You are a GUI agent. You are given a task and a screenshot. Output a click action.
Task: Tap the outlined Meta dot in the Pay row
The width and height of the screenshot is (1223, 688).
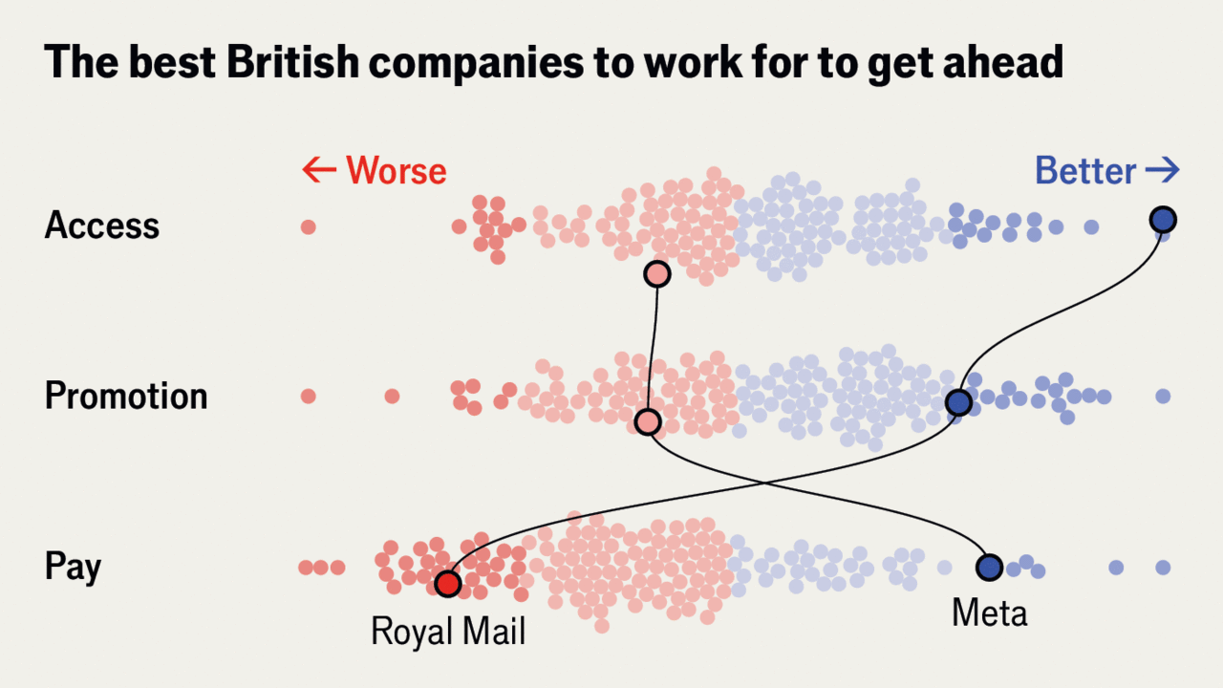click(x=989, y=567)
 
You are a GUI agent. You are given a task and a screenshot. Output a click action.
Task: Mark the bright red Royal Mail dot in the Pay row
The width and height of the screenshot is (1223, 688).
click(x=447, y=582)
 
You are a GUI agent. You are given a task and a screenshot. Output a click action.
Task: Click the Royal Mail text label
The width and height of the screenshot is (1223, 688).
click(x=448, y=632)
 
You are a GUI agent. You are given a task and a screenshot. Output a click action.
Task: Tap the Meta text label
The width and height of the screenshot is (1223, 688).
click(x=989, y=613)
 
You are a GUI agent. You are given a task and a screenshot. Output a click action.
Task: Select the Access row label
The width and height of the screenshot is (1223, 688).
click(x=102, y=226)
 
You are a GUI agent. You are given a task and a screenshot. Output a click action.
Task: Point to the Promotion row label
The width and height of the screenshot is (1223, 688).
click(x=126, y=396)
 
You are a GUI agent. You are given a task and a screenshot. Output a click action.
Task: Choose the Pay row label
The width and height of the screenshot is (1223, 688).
click(x=73, y=567)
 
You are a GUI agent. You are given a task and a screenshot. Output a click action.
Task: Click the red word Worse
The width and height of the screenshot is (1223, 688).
click(x=396, y=171)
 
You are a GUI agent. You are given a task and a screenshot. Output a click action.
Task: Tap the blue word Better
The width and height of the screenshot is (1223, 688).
click(x=1085, y=171)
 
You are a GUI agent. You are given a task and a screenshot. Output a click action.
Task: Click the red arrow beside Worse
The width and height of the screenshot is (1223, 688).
click(x=319, y=171)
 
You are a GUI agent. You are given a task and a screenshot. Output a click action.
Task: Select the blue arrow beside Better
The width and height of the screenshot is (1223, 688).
click(x=1163, y=171)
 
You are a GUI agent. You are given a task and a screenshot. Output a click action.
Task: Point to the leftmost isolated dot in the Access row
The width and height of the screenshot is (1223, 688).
click(x=308, y=226)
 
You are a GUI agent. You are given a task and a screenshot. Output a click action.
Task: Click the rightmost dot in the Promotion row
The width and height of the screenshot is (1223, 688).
click(x=1163, y=396)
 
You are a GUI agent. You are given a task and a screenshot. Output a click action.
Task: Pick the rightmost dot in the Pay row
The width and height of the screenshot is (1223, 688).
click(x=1163, y=567)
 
